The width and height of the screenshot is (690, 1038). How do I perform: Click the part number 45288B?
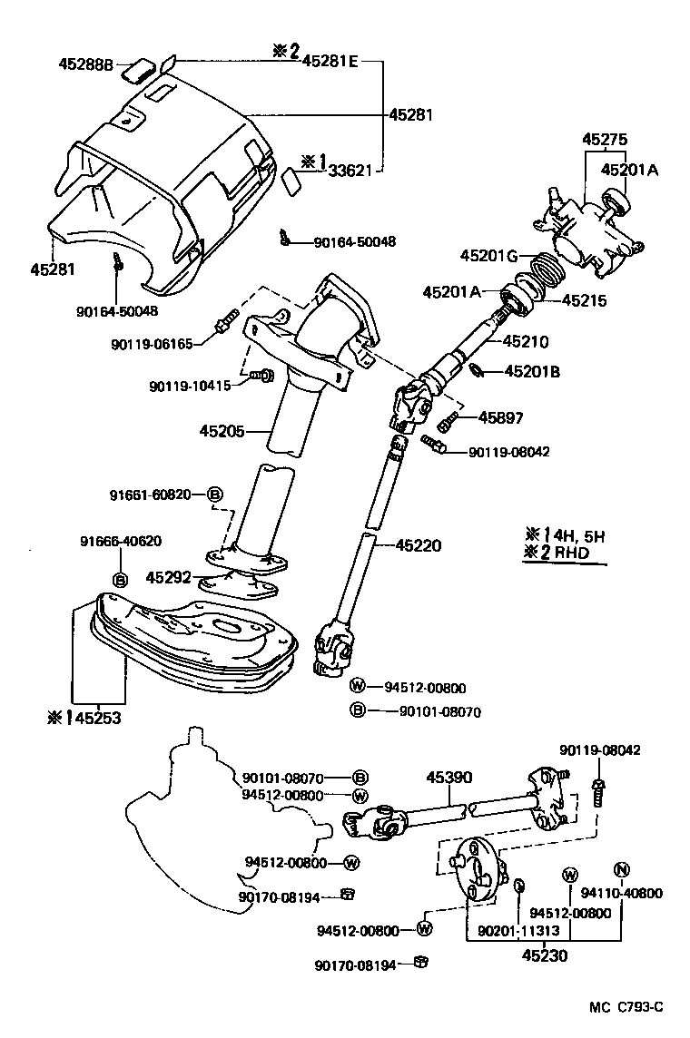pyautogui.click(x=85, y=64)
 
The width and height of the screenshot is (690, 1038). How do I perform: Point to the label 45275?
pyautogui.click(x=605, y=139)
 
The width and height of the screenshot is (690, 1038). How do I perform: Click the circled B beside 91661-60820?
pyautogui.click(x=215, y=495)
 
